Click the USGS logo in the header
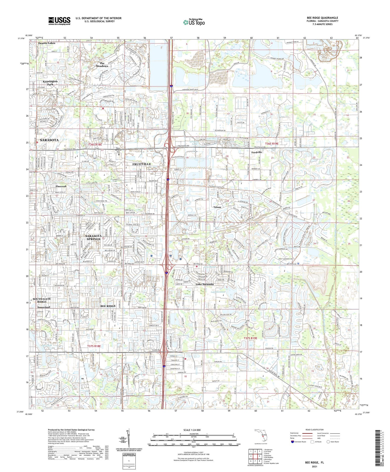[59, 21]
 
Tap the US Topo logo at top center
[194, 22]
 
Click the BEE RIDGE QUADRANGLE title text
[322, 18]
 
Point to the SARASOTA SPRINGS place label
[93, 237]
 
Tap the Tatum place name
[217, 207]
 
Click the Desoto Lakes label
[47, 43]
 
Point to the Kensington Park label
[50, 83]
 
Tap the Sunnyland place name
[43, 307]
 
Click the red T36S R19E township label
[272, 144]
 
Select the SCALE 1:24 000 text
[192, 430]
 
